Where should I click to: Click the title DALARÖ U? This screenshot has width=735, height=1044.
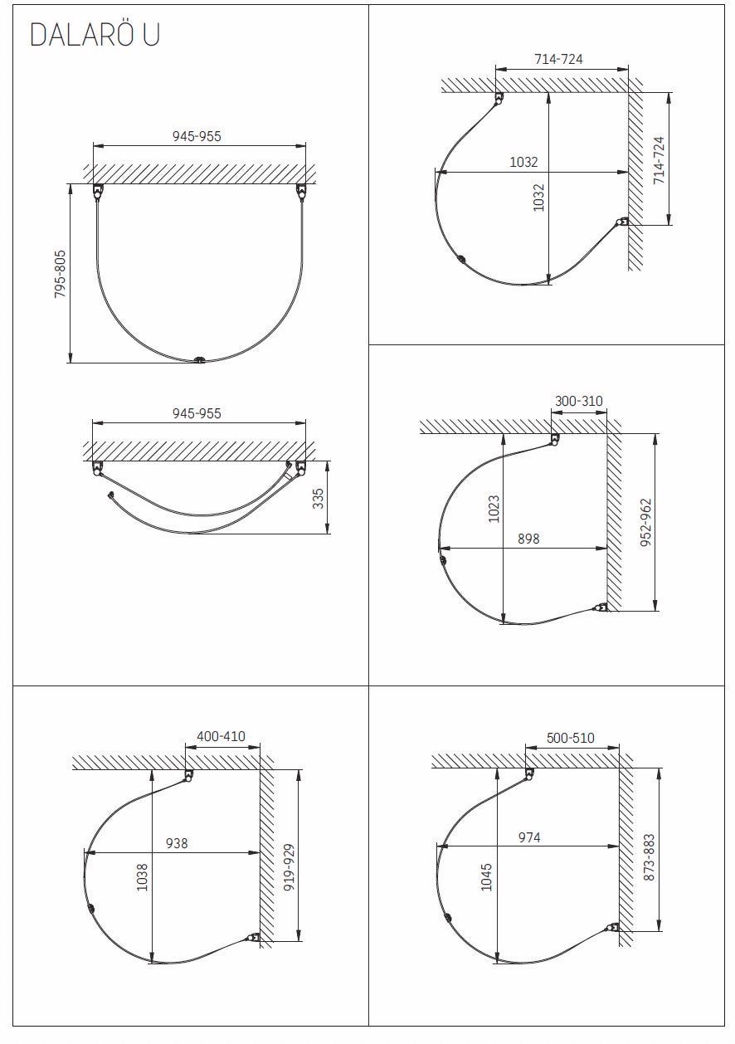pos(95,35)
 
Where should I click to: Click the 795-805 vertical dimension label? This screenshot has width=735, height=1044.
pos(61,274)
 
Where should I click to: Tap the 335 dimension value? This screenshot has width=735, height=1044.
pos(318,498)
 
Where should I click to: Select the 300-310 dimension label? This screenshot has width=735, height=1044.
pos(579,401)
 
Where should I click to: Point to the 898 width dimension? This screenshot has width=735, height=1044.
pos(528,539)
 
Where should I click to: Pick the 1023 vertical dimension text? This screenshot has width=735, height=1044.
pos(494,509)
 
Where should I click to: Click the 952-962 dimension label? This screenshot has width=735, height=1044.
pos(646,523)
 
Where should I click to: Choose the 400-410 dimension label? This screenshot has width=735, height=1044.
pos(221,736)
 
